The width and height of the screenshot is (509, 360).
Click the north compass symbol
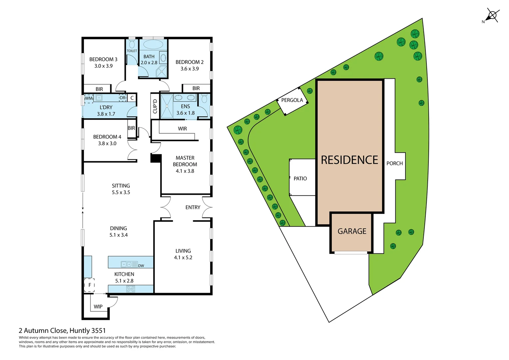492,16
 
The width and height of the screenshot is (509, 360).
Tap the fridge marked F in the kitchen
89,285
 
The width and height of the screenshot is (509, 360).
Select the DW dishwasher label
141,266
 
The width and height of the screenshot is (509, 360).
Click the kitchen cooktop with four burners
131,289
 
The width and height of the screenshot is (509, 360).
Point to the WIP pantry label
98,307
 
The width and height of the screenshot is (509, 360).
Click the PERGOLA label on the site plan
292,100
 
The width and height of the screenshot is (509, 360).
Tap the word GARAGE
352,231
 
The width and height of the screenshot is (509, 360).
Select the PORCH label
394,163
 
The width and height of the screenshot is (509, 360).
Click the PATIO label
300,179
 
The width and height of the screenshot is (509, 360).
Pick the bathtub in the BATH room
153,44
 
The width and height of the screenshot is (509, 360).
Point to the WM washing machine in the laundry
88,98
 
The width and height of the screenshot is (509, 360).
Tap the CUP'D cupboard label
155,106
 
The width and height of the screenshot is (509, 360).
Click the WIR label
182,129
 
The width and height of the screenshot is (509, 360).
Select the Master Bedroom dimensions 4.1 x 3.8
185,171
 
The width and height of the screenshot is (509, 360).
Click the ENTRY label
193,207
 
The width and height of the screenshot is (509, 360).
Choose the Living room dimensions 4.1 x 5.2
183,258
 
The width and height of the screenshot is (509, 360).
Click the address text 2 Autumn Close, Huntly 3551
62,331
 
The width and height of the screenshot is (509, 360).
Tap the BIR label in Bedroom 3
99,89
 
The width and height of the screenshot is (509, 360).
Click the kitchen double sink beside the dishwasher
126,264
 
